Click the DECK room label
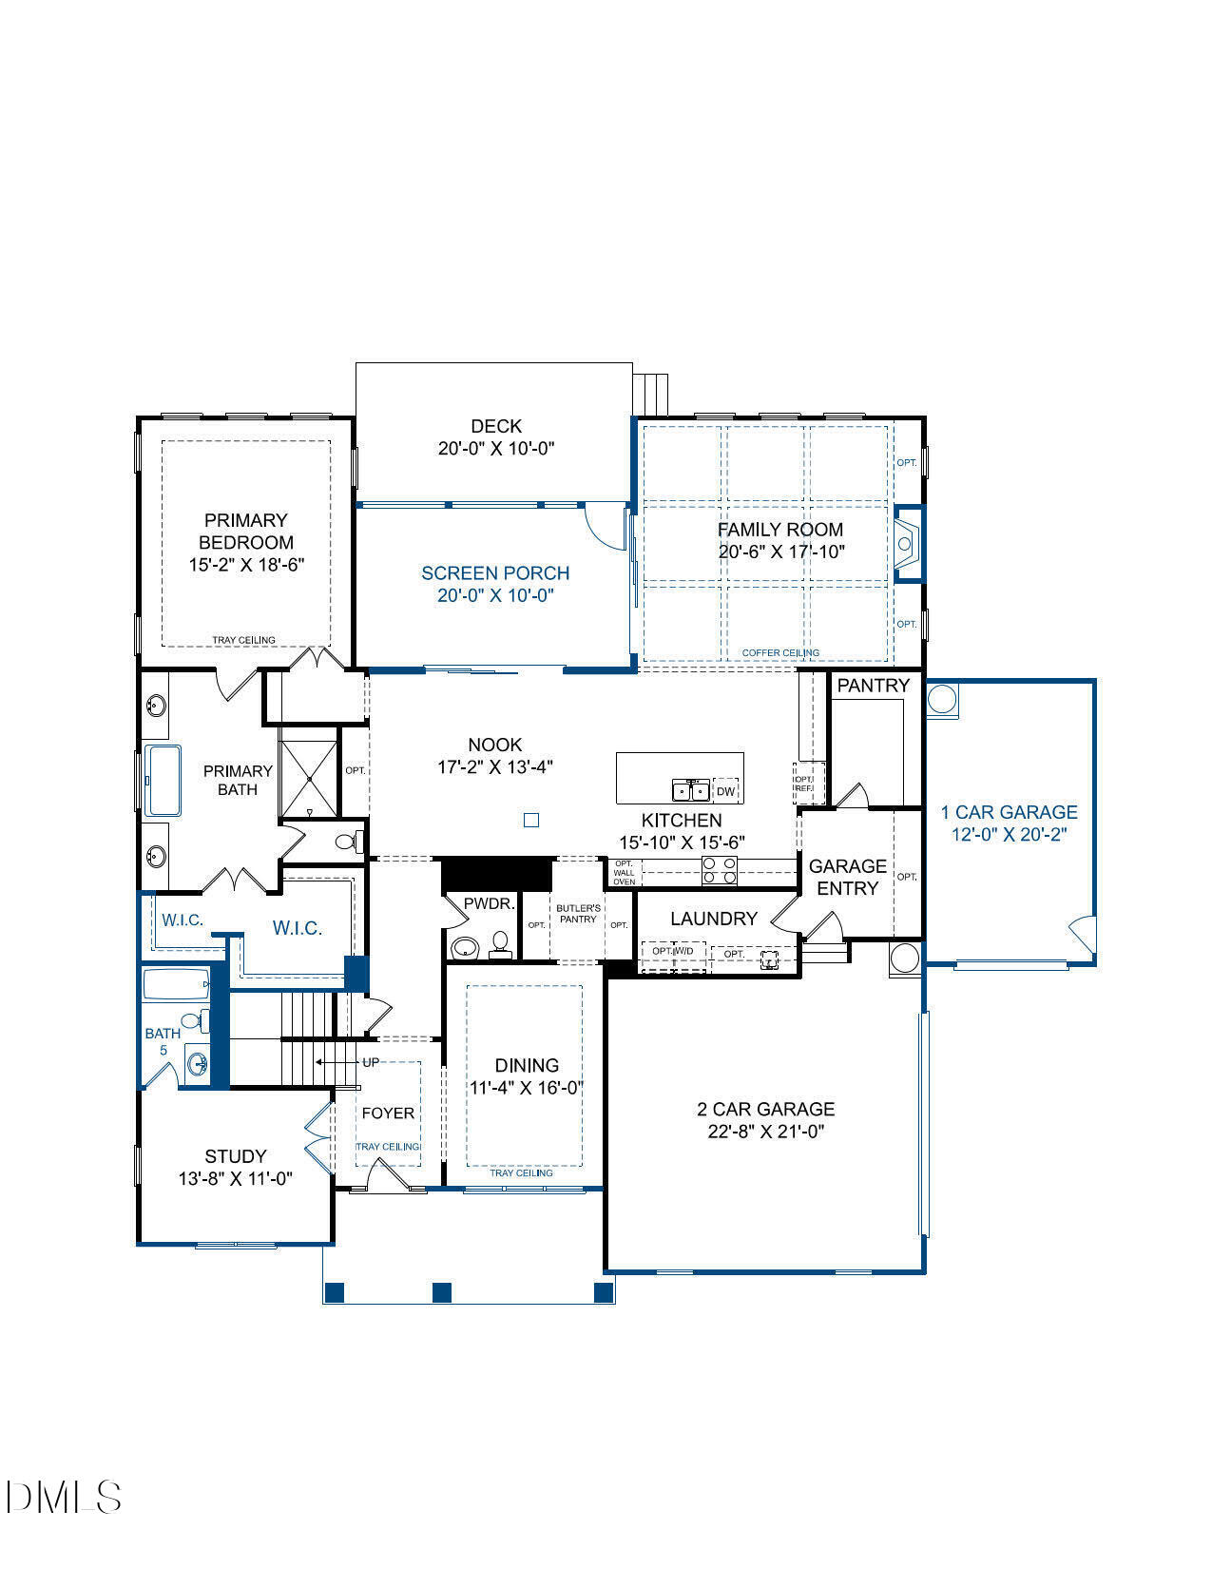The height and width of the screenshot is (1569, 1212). pyautogui.click(x=495, y=427)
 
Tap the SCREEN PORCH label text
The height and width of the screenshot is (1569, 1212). pyautogui.click(x=495, y=573)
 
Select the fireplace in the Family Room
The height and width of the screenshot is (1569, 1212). pyautogui.click(x=907, y=544)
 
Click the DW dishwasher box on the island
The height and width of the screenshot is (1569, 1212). pyautogui.click(x=725, y=791)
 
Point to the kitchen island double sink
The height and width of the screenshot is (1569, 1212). pyautogui.click(x=691, y=790)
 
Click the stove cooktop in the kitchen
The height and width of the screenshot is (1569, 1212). pyautogui.click(x=719, y=869)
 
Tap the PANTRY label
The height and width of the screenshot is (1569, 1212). pyautogui.click(x=873, y=685)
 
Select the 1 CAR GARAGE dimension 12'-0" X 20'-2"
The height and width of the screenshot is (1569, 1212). pyautogui.click(x=1009, y=835)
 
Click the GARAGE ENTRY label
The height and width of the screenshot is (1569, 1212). pyautogui.click(x=847, y=877)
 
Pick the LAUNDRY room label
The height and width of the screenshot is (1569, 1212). pyautogui.click(x=713, y=919)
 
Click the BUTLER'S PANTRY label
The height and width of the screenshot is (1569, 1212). pyautogui.click(x=578, y=914)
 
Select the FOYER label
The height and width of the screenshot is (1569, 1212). pyautogui.click(x=388, y=1114)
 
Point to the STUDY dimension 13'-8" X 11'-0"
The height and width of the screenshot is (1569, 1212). pyautogui.click(x=235, y=1179)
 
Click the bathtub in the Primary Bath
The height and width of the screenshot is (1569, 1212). pyautogui.click(x=164, y=781)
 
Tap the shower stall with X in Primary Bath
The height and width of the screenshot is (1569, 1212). pyautogui.click(x=308, y=779)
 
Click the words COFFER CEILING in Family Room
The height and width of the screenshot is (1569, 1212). pyautogui.click(x=780, y=653)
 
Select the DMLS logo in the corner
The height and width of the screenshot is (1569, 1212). pyautogui.click(x=63, y=1497)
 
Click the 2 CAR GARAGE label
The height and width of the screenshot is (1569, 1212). pyautogui.click(x=765, y=1109)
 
